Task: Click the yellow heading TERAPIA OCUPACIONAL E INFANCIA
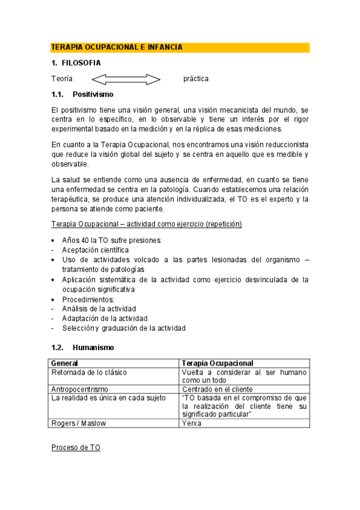[117, 47]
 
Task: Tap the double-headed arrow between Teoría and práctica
[126, 79]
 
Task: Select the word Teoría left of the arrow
[62, 79]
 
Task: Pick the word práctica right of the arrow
[196, 79]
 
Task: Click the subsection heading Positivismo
[93, 94]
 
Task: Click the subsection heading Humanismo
[93, 348]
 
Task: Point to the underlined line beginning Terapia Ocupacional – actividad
[147, 224]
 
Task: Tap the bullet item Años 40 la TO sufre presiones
[111, 240]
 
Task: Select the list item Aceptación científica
[95, 250]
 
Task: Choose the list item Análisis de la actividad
[99, 309]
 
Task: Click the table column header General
[65, 363]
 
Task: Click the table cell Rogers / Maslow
[79, 423]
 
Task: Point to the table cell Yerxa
[191, 423]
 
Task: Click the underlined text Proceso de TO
[76, 448]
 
